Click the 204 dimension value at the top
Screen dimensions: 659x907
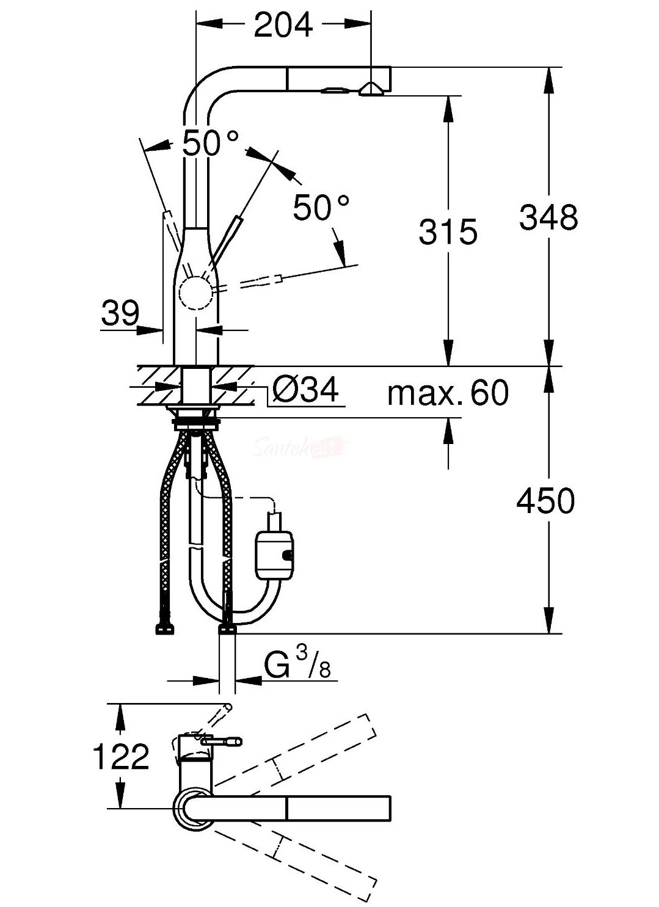point(283,24)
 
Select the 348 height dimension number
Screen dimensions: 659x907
point(549,218)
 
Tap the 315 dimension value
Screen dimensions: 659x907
point(448,233)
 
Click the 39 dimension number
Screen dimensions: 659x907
point(120,313)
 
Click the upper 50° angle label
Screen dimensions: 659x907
point(210,144)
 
